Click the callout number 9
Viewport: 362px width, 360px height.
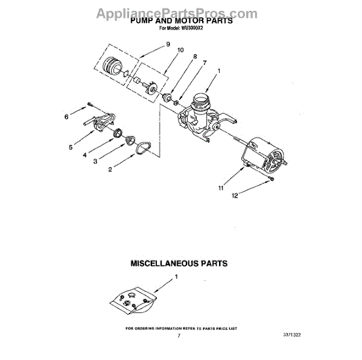pos(168,43)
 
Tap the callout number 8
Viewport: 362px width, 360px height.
pos(194,57)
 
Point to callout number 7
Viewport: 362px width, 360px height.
pos(205,63)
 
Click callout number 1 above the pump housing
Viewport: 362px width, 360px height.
pos(218,71)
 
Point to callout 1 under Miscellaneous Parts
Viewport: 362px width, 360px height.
pos(177,277)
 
